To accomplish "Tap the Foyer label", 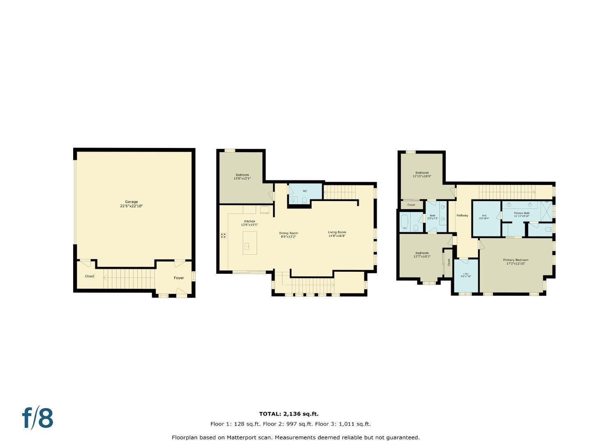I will [178, 278].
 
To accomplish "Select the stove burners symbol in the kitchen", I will [223, 236].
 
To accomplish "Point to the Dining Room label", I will [289, 235].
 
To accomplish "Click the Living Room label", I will [337, 234].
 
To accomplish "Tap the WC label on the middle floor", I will [305, 191].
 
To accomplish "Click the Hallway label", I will [462, 215].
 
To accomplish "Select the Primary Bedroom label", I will [516, 261].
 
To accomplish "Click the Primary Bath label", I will [521, 214].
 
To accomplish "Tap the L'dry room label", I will [466, 275].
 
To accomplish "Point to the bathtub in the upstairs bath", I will [405, 222].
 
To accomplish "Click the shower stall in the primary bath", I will [546, 208].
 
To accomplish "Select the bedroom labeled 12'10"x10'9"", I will [422, 174].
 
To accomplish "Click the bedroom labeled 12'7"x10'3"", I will [421, 254].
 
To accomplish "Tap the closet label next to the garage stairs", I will [89, 276].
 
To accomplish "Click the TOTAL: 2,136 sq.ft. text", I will [289, 414].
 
